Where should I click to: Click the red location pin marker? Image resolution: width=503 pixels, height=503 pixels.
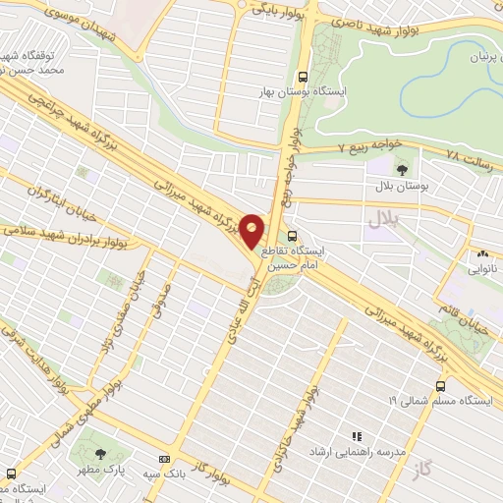coord(252,230)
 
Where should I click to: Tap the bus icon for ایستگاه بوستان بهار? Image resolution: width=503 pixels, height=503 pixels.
coord(303,76)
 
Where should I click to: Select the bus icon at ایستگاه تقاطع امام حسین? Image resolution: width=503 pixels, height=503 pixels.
coord(293,236)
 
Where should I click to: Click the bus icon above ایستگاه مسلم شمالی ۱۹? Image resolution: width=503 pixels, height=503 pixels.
coord(439,385)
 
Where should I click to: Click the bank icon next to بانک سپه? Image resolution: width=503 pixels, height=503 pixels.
coord(163,459)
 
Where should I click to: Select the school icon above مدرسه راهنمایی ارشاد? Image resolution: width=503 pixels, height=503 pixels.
coord(357,435)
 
